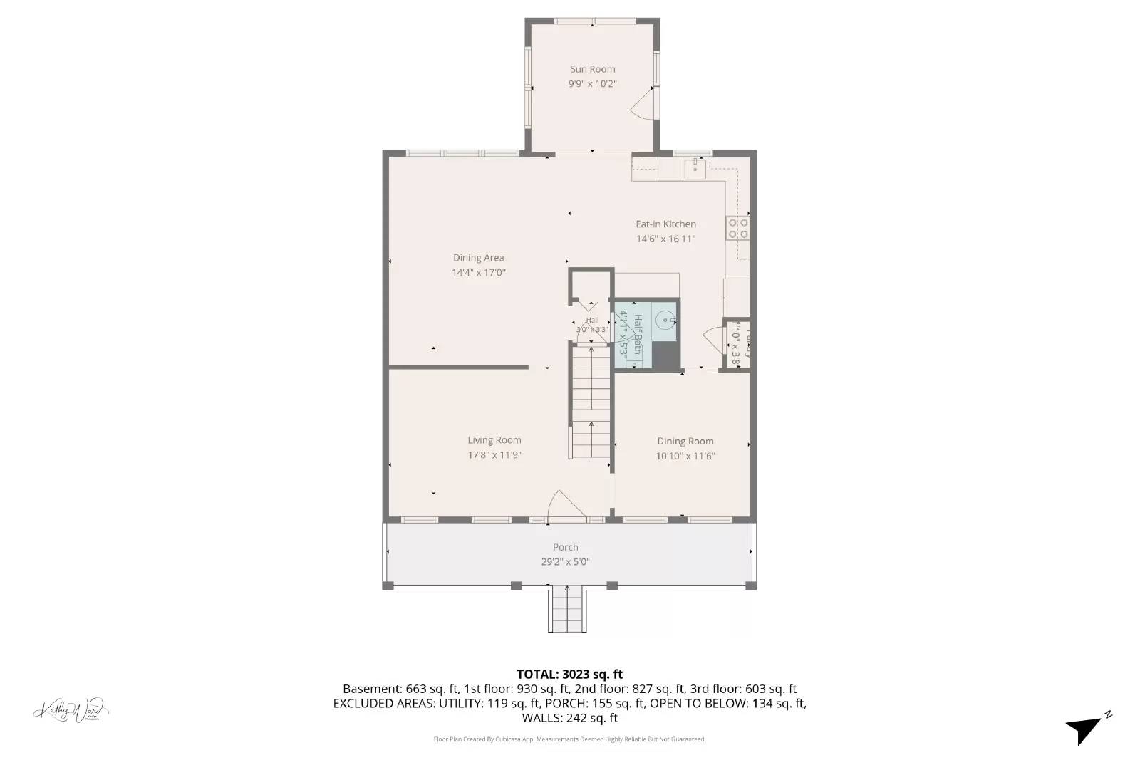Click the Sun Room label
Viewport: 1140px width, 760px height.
(592, 69)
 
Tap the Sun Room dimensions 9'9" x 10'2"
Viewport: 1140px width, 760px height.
(592, 84)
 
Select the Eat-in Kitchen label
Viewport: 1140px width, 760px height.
(665, 224)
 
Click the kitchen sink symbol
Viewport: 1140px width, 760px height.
(695, 169)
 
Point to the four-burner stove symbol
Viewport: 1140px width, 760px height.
(737, 227)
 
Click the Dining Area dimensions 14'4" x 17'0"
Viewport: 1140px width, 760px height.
(478, 273)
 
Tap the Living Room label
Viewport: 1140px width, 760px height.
(494, 440)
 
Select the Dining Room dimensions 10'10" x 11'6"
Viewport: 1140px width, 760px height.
(685, 457)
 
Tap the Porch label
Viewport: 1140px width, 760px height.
(565, 547)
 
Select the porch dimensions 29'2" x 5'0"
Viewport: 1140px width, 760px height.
(565, 562)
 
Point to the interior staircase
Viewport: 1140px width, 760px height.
(591, 402)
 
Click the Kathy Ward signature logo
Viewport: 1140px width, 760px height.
(71, 710)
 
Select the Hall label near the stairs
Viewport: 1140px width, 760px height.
(592, 321)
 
